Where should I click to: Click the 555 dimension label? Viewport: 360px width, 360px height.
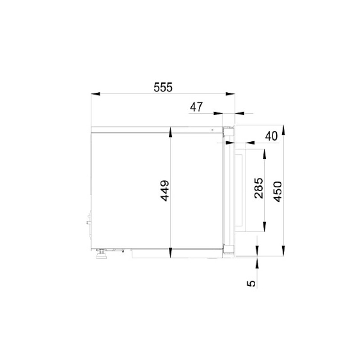[163, 87]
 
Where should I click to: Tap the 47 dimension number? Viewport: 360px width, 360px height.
[196, 107]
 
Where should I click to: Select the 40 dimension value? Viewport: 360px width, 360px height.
[271, 136]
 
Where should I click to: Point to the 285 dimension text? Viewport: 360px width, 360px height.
[259, 188]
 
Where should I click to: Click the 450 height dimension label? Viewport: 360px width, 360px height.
[278, 192]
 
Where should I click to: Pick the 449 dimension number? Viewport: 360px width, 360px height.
[165, 191]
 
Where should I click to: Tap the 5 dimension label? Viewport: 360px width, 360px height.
[251, 283]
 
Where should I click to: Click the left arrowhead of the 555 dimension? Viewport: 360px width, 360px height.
[95, 94]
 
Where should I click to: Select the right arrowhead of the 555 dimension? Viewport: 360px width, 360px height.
[230, 94]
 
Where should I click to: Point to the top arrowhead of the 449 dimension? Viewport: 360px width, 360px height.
[170, 132]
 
